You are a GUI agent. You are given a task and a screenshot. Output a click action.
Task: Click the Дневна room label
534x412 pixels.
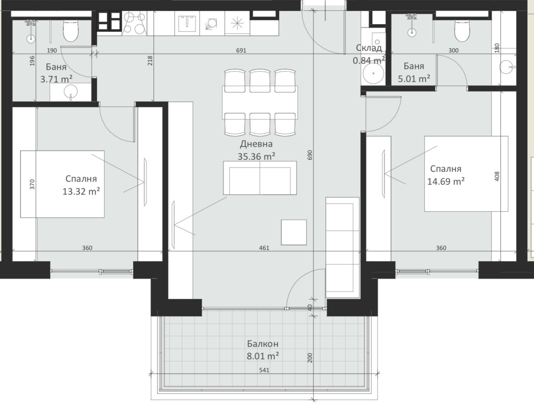tap(256, 144)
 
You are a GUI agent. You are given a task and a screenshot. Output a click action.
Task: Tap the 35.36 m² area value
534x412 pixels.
tap(256, 156)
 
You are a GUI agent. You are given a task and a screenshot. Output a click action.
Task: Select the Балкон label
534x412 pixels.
tap(263, 344)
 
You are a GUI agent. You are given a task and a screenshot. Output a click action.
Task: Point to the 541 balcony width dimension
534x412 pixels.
tap(264, 370)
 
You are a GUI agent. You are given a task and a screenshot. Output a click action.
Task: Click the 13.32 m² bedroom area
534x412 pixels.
tap(81, 191)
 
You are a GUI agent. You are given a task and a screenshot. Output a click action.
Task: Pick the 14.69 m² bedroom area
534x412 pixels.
tap(446, 181)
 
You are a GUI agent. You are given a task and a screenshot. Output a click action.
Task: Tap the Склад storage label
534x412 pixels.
tap(369, 48)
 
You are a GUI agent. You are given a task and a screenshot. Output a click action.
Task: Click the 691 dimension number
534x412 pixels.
tap(241, 50)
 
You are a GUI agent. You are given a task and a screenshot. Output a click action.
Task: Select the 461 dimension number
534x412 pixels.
tap(264, 248)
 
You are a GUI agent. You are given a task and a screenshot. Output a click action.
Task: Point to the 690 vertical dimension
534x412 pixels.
tap(310, 155)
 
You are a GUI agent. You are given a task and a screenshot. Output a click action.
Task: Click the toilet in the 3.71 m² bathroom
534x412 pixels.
tap(71, 31)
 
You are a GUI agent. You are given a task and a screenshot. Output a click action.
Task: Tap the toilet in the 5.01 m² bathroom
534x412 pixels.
tap(462, 31)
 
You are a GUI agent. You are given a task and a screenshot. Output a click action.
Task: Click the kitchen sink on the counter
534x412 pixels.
tap(187, 24)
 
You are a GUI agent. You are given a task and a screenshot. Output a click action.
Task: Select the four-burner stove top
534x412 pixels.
tap(134, 23)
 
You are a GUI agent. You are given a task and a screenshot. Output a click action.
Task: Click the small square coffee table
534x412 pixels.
tap(294, 232)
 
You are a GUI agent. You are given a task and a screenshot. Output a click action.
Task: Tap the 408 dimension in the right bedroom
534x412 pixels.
tap(497, 176)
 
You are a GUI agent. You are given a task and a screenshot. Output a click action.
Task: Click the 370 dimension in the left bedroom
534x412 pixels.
tap(32, 184)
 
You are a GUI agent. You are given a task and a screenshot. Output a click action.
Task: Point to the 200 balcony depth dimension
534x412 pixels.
tap(310, 358)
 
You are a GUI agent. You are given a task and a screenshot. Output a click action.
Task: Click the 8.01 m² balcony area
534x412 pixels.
tap(263, 356)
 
